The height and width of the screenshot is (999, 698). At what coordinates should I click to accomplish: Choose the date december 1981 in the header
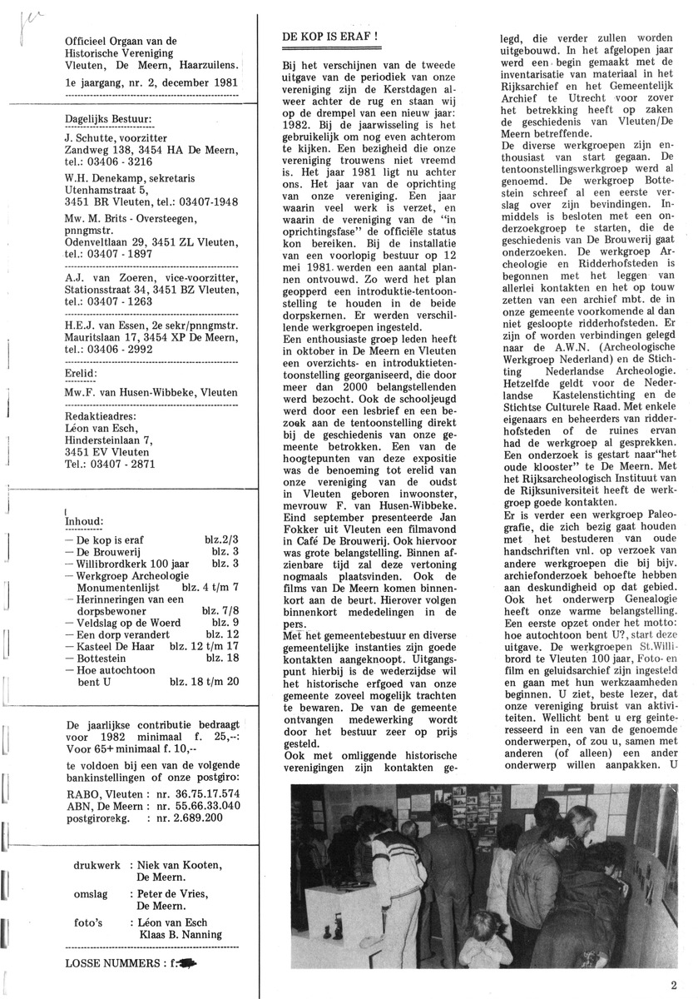tap(196, 83)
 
